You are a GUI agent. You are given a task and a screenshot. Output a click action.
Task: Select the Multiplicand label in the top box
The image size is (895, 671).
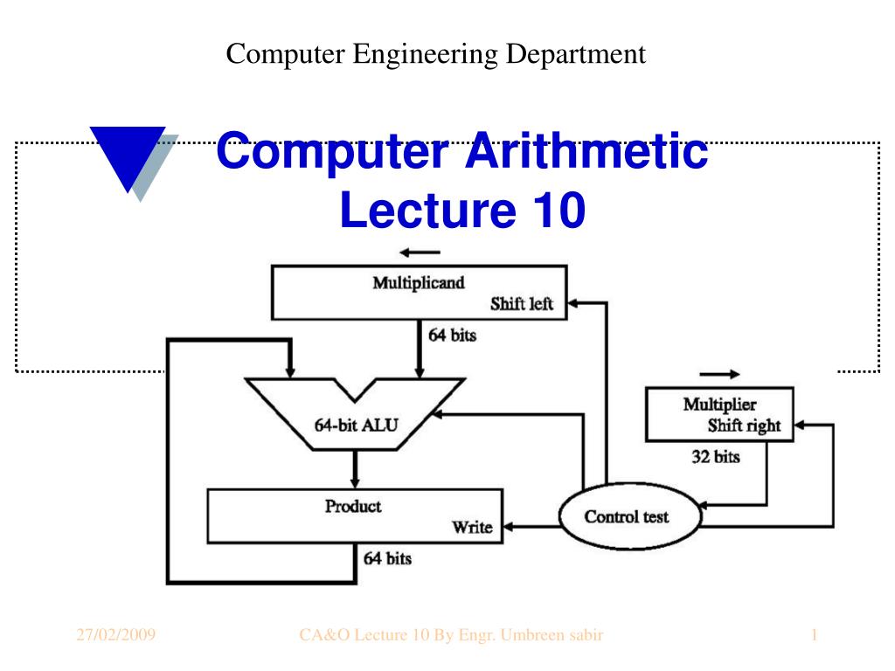(419, 283)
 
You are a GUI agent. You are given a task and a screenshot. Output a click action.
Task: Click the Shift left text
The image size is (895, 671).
(521, 304)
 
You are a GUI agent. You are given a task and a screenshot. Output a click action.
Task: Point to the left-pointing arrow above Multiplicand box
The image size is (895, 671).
(420, 254)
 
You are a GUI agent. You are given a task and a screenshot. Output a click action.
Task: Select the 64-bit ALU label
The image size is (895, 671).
(356, 426)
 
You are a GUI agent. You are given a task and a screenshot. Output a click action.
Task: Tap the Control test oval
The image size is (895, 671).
(627, 516)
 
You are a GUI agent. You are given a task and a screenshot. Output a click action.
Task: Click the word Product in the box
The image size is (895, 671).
(353, 506)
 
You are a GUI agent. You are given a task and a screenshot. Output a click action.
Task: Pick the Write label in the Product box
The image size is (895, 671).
(471, 527)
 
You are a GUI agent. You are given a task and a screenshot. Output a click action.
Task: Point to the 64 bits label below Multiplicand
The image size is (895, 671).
(452, 335)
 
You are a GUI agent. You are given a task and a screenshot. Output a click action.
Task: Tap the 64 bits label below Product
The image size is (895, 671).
(387, 557)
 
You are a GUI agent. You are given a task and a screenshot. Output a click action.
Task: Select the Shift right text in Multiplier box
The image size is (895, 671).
(744, 426)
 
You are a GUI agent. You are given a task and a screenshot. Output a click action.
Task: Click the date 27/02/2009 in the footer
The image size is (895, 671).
(115, 635)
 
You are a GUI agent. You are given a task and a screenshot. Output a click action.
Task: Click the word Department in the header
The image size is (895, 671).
(578, 54)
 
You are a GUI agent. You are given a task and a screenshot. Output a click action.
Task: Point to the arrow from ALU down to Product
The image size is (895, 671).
(355, 469)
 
